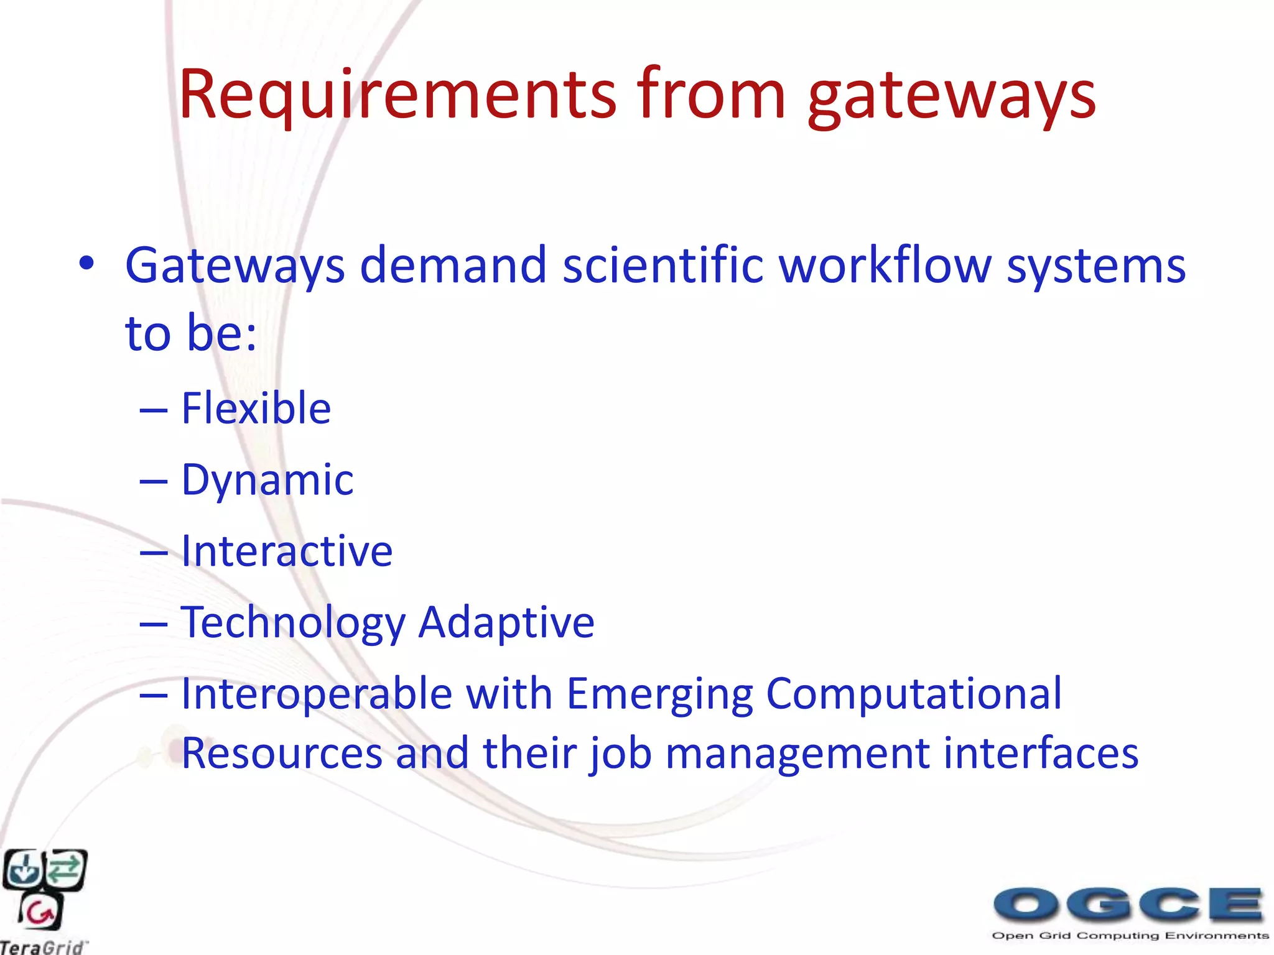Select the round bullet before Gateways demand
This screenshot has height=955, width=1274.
pyautogui.click(x=86, y=264)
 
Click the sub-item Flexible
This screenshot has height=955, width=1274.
pyautogui.click(x=256, y=408)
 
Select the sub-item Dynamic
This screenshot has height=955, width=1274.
pyautogui.click(x=267, y=481)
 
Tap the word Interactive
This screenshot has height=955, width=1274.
pyautogui.click(x=286, y=551)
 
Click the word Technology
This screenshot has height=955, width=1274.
pyautogui.click(x=292, y=623)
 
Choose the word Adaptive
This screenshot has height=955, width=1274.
pyautogui.click(x=506, y=623)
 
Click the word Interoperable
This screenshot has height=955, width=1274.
pyautogui.click(x=316, y=694)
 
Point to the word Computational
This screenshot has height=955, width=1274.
pyautogui.click(x=913, y=694)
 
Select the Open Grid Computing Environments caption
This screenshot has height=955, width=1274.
pyautogui.click(x=1130, y=936)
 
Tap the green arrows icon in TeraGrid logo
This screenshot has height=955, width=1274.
pyautogui.click(x=65, y=868)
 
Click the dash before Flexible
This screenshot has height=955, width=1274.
pyautogui.click(x=154, y=410)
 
